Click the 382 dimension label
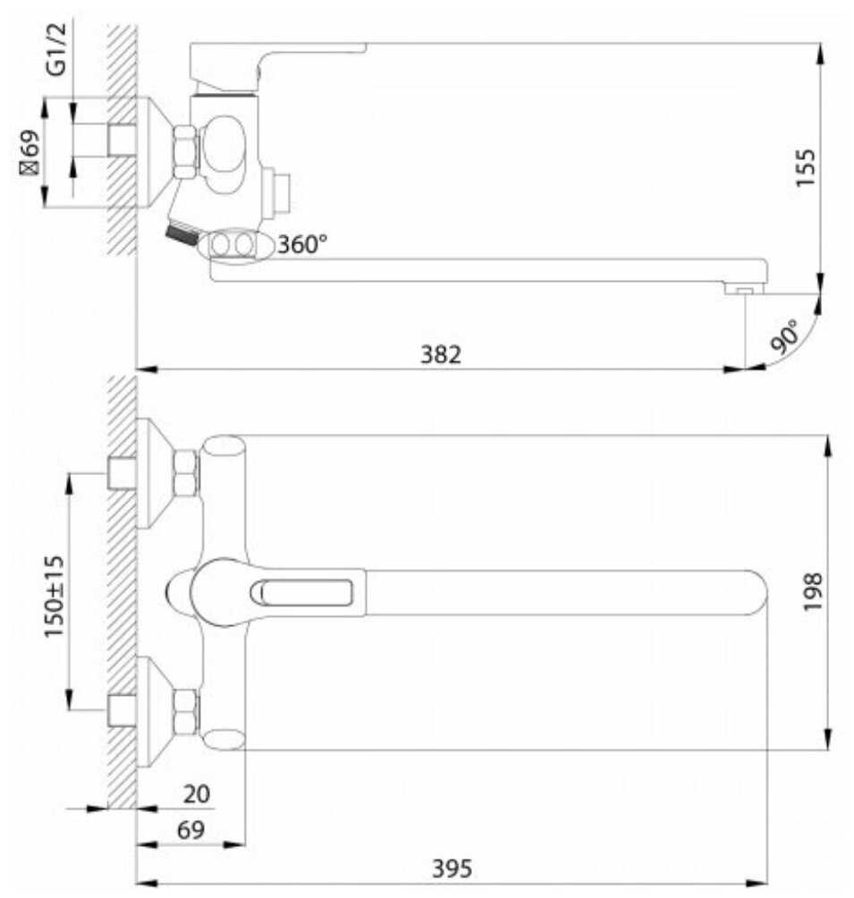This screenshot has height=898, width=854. [441, 354]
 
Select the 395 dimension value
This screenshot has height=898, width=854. [452, 868]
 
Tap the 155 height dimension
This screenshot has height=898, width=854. [805, 167]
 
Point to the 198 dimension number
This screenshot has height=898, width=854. [812, 592]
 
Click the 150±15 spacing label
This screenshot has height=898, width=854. [55, 597]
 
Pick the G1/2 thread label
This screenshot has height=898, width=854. [56, 49]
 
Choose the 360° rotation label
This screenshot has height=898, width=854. [302, 244]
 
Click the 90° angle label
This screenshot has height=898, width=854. [784, 337]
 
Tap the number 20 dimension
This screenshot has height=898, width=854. [197, 793]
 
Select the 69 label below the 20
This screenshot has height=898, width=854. [190, 829]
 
